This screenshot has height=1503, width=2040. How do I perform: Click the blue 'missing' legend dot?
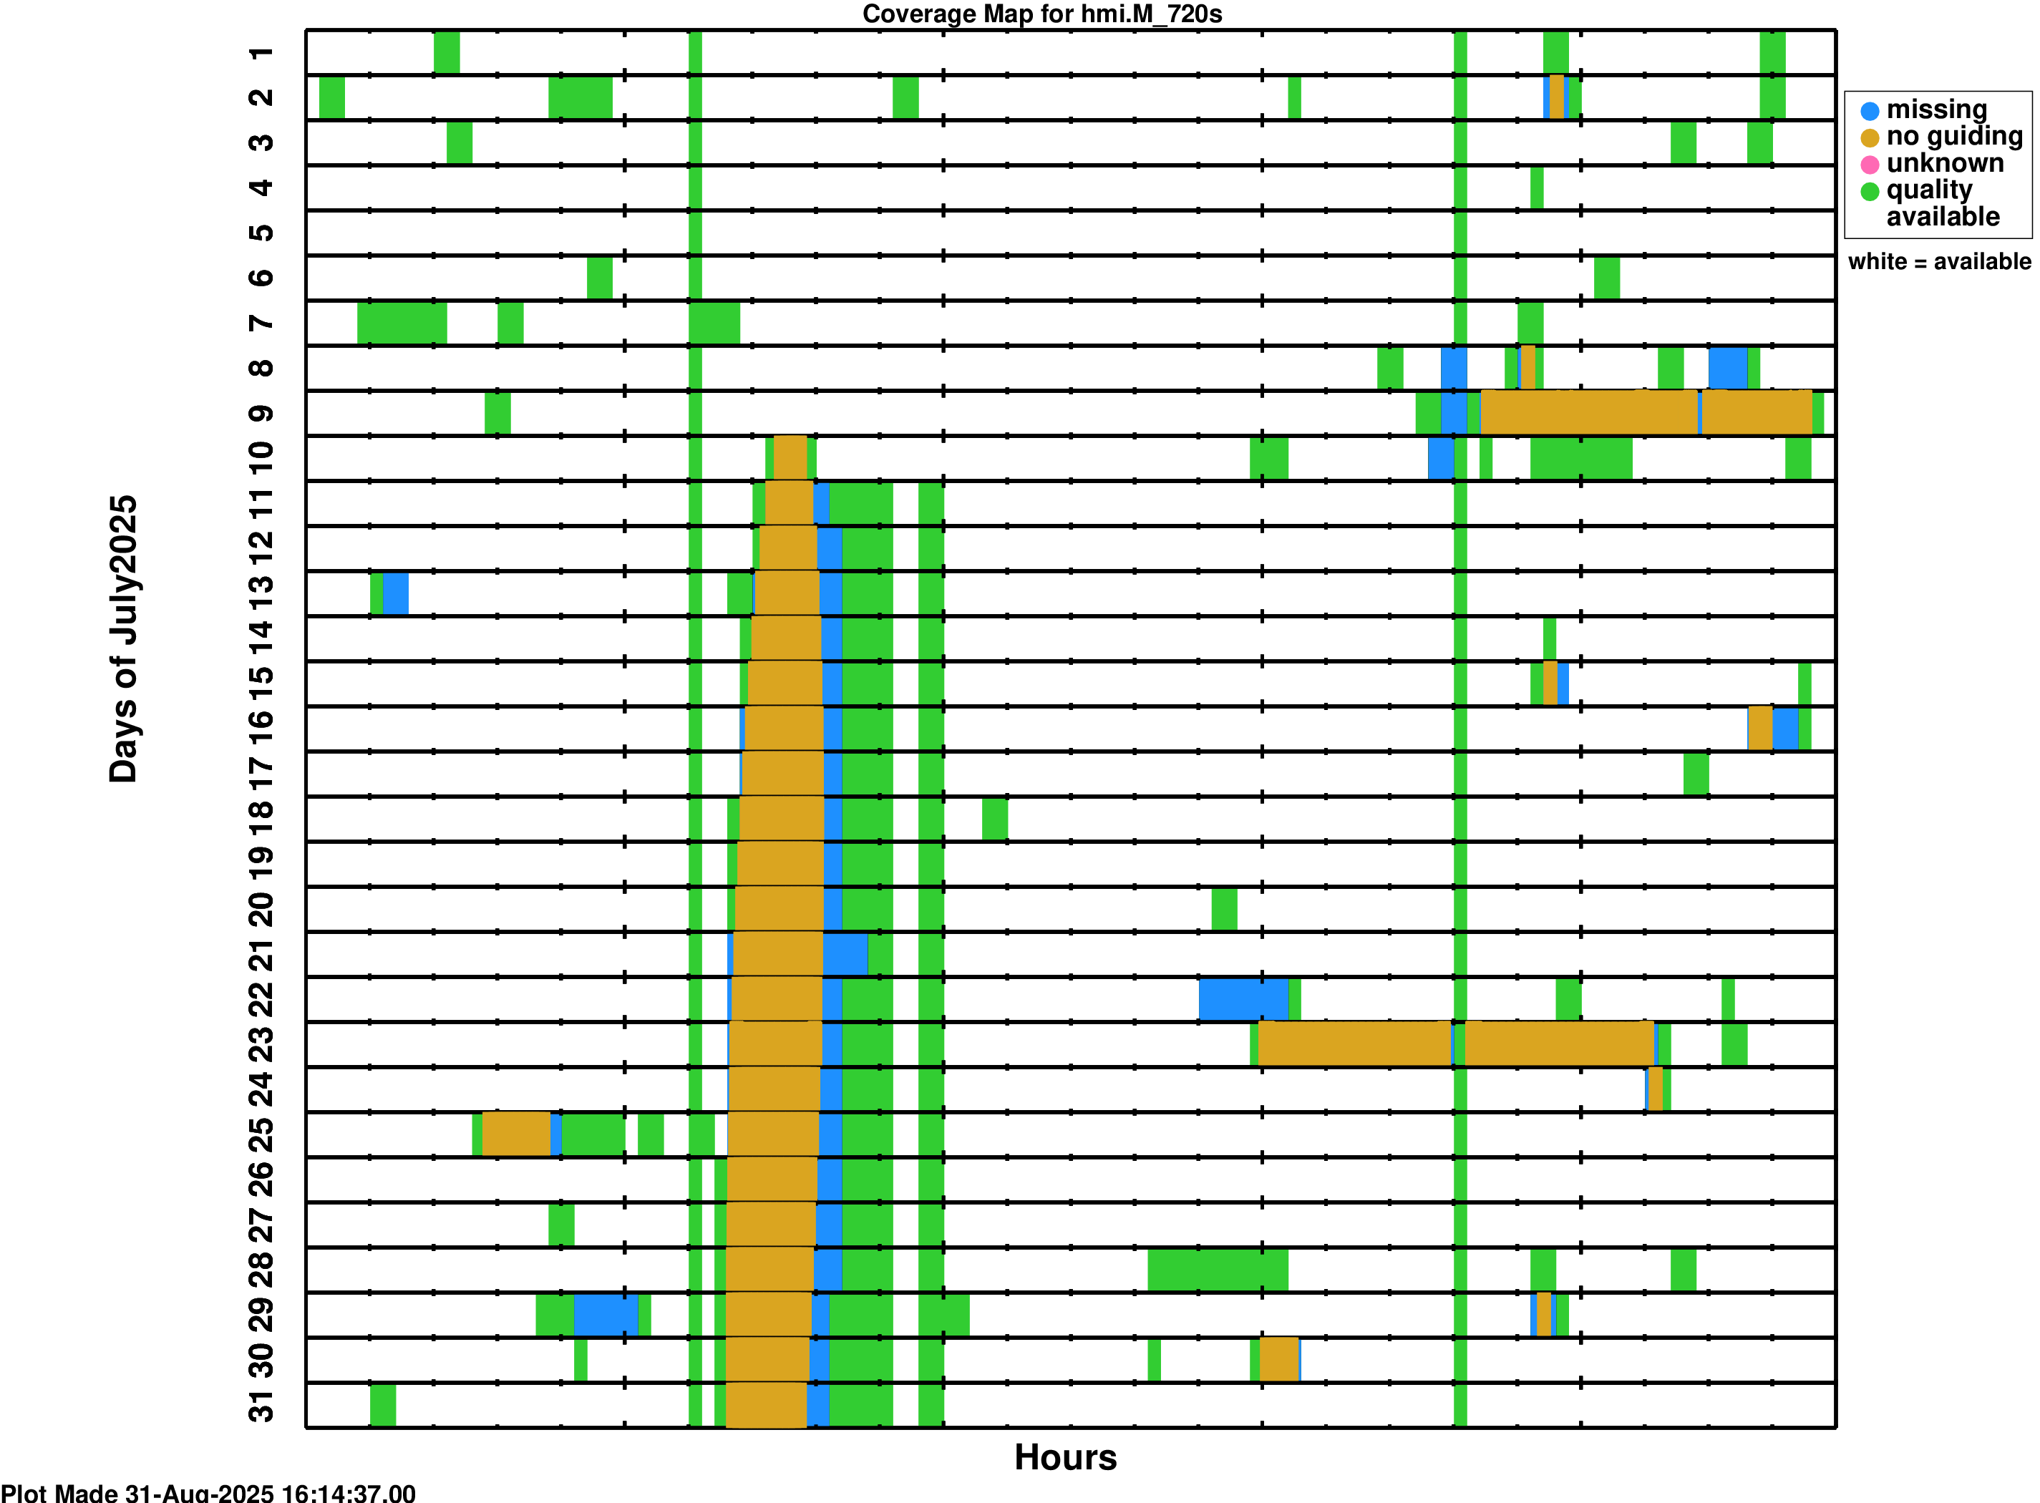click(x=1869, y=111)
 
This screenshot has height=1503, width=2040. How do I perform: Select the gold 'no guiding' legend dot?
click(x=1869, y=138)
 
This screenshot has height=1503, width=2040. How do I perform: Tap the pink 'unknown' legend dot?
click(x=1869, y=165)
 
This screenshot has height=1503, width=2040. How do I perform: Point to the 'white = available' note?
click(x=1939, y=262)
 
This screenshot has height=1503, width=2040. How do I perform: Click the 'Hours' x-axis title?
click(x=1064, y=1456)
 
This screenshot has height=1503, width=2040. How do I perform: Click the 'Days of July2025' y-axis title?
click(x=123, y=638)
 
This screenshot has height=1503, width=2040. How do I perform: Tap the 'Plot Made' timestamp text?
click(x=208, y=1493)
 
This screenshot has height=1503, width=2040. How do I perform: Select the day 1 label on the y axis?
click(x=261, y=53)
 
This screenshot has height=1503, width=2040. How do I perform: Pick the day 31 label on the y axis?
click(x=261, y=1406)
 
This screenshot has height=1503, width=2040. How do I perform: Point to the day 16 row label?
click(x=261, y=729)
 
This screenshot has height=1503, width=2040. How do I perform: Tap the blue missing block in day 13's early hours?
click(x=395, y=593)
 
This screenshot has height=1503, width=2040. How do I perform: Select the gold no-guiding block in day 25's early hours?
click(x=516, y=1134)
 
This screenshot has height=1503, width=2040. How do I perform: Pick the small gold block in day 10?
click(x=790, y=457)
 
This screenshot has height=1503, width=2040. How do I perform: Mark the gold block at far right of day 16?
click(x=1759, y=729)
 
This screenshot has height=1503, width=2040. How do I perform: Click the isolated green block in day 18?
click(x=994, y=819)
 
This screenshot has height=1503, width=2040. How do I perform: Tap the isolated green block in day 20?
click(x=1224, y=909)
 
